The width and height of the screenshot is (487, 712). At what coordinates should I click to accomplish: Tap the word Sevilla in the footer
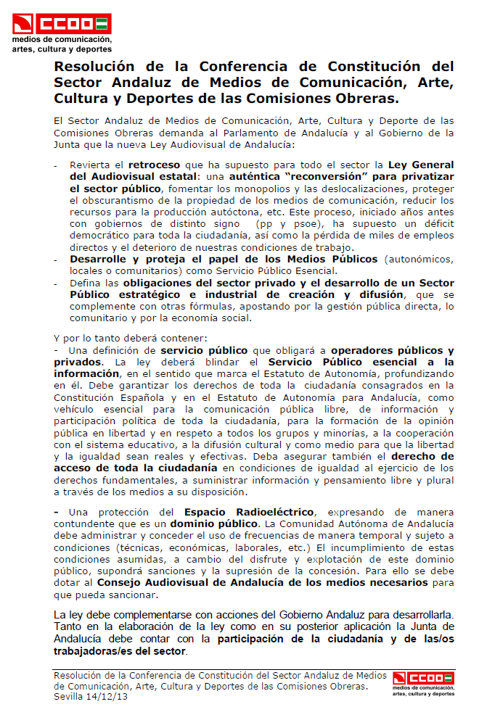(70, 695)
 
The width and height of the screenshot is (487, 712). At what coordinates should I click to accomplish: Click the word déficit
(437, 224)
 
